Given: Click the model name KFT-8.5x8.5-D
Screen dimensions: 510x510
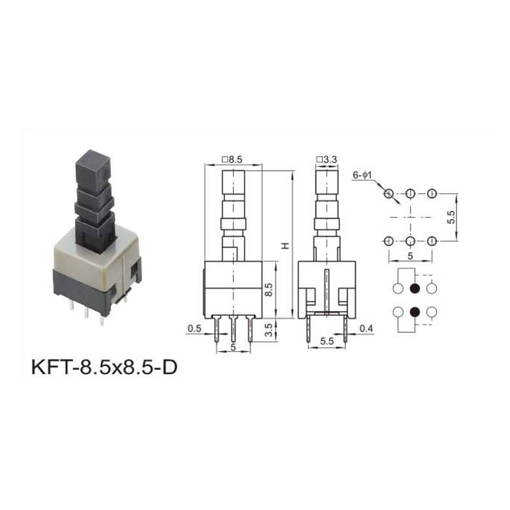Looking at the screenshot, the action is [x=105, y=367].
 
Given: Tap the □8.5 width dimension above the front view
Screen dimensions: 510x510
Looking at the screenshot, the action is [x=232, y=160].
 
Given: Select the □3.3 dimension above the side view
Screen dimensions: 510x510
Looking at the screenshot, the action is [x=326, y=160].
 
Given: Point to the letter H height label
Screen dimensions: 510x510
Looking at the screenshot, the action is [x=285, y=245].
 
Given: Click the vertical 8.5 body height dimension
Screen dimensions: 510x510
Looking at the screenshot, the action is [x=268, y=289].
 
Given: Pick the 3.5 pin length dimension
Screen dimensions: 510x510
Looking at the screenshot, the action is [x=268, y=330].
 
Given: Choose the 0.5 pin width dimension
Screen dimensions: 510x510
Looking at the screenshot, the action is [x=194, y=328].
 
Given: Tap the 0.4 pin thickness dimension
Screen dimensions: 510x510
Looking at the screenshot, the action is [x=366, y=328].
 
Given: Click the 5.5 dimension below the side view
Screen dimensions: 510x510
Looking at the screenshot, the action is [x=327, y=341].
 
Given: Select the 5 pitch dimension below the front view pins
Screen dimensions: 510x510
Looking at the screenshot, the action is [x=233, y=347].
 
